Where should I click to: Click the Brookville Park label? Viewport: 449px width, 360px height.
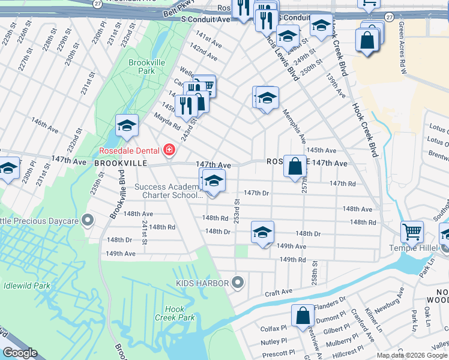142,66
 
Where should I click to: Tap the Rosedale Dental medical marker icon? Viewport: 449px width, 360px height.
169,150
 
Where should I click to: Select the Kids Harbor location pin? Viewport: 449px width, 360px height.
238,282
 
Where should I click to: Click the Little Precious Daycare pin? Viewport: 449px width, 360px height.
88,221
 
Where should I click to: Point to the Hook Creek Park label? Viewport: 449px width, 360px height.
174,313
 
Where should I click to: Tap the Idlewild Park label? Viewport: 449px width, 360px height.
25,286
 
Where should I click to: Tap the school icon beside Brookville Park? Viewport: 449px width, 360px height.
127,125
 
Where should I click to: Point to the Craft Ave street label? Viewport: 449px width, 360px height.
279,292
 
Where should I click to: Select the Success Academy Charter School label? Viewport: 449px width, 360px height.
168,191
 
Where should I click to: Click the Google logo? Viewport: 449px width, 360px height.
20,353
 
